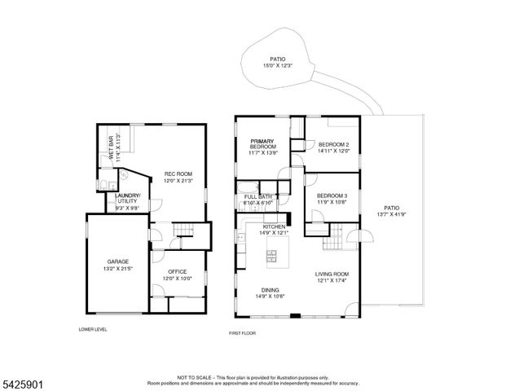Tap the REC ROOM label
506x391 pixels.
[178, 174]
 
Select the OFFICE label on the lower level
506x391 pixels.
[178, 271]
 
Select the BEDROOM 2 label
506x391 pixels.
[333, 144]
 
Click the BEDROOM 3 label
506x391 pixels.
[332, 195]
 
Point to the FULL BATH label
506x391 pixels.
[258, 196]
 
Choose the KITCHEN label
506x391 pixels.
[274, 226]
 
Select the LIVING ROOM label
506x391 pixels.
[332, 274]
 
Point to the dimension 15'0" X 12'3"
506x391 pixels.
[277, 66]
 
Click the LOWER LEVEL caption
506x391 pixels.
[93, 329]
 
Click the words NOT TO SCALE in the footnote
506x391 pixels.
[195, 377]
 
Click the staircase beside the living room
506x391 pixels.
[333, 241]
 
